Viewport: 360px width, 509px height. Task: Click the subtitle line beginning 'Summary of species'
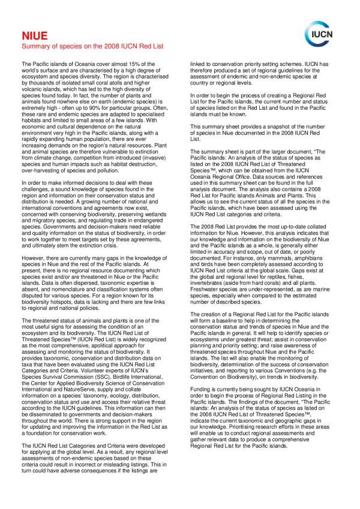point(92,46)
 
